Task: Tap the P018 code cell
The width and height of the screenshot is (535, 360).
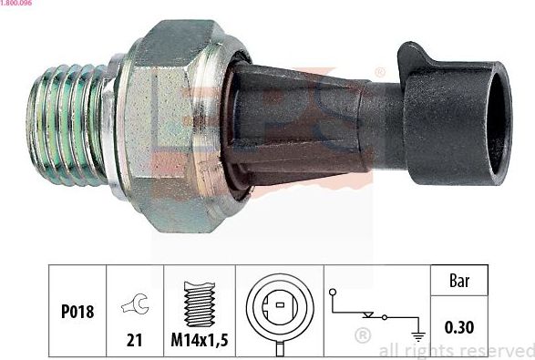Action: click(77, 312)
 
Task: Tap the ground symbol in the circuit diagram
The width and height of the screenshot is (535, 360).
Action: click(417, 334)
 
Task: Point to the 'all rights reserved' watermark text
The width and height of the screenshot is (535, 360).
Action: click(454, 350)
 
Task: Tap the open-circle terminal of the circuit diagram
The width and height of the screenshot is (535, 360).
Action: click(335, 293)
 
